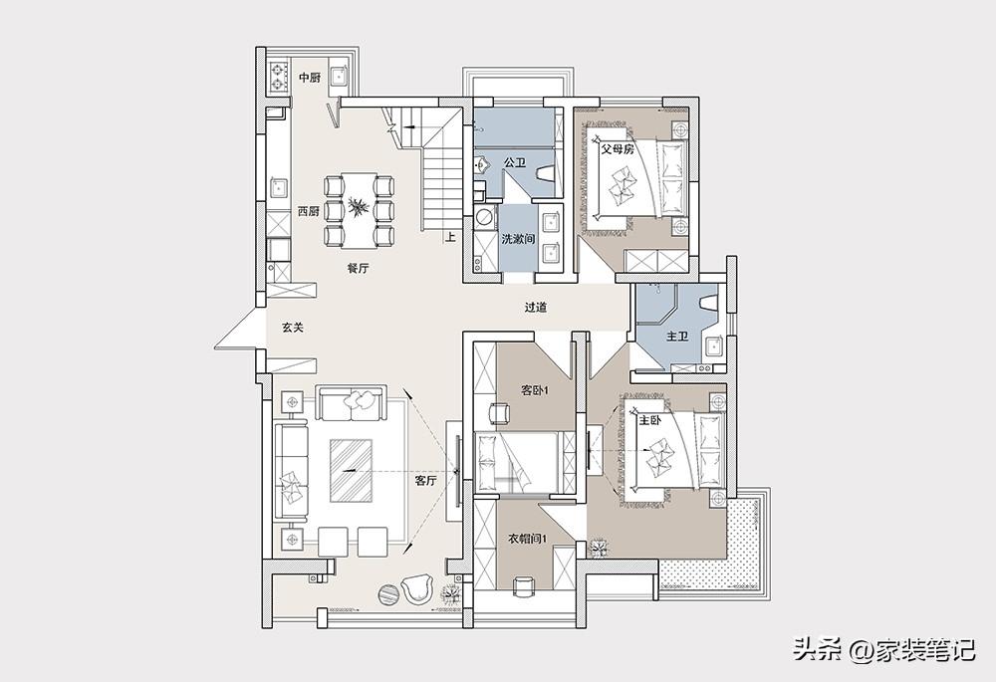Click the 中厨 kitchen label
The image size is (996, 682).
click(310, 78)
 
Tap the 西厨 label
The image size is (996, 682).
click(309, 212)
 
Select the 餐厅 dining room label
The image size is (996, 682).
click(358, 268)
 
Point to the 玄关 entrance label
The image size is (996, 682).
click(293, 328)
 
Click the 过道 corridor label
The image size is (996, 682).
click(536, 308)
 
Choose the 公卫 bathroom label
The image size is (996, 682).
click(515, 162)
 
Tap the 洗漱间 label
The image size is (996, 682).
click(518, 239)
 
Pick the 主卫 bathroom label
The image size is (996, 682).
click(677, 336)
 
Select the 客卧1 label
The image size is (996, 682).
click(534, 391)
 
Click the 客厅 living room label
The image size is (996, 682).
click(425, 480)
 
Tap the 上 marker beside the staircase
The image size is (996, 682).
click(450, 238)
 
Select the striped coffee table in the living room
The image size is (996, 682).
click(350, 471)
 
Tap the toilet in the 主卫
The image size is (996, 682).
click(707, 303)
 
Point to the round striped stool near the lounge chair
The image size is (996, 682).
click(388, 593)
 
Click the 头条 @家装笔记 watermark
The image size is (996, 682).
click(883, 649)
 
